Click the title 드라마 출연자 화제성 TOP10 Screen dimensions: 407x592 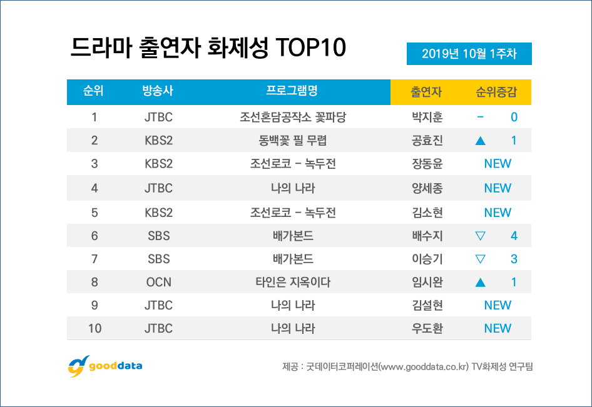pyautogui.click(x=209, y=49)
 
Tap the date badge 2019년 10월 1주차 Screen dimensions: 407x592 pyautogui.click(x=469, y=54)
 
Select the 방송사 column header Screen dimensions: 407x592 pyautogui.click(x=158, y=91)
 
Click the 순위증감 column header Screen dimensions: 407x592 pyautogui.click(x=496, y=92)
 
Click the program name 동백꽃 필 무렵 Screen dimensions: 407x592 pyautogui.click(x=292, y=141)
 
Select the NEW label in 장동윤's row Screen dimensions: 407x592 pyautogui.click(x=498, y=164)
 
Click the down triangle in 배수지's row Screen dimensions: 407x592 pyautogui.click(x=481, y=236)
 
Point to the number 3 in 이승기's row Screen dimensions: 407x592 pyautogui.click(x=514, y=259)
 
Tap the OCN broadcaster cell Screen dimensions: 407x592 pyautogui.click(x=158, y=282)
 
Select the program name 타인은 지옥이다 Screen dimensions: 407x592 pyautogui.click(x=292, y=282)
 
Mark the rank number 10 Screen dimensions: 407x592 pyautogui.click(x=94, y=328)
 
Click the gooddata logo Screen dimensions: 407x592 pyautogui.click(x=105, y=365)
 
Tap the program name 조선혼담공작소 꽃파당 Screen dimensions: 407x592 pyautogui.click(x=292, y=117)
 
